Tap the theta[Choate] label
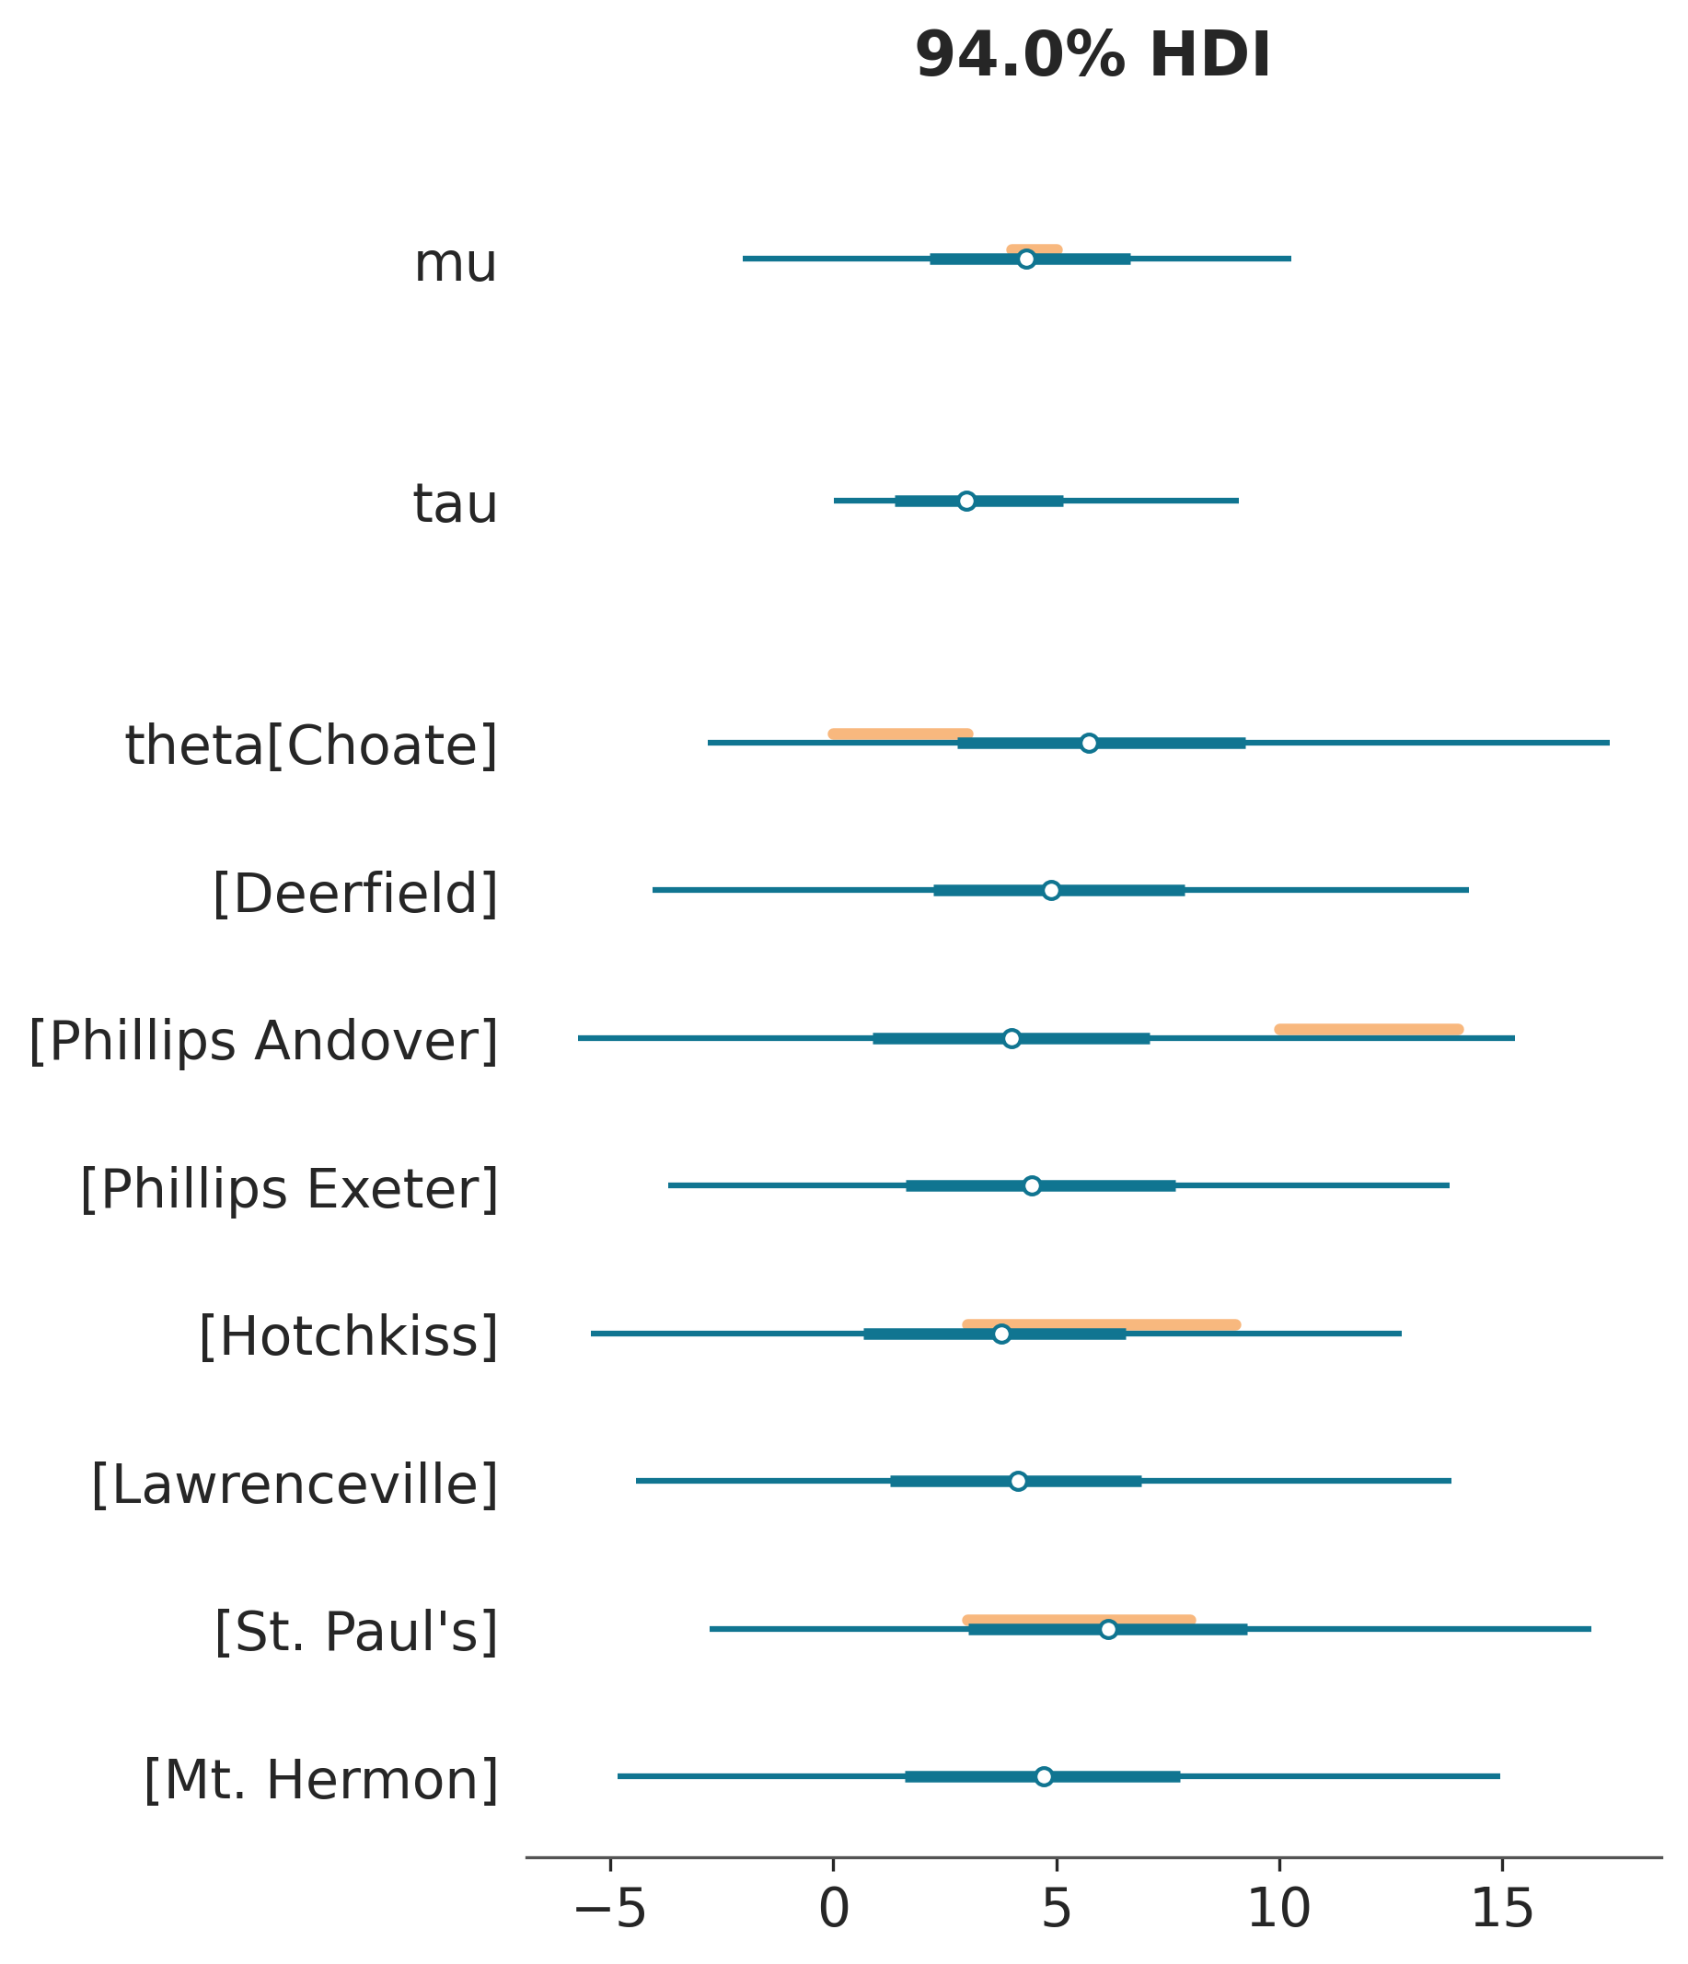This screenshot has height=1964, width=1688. pyautogui.click(x=311, y=746)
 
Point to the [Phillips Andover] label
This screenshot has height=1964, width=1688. pyautogui.click(x=263, y=1042)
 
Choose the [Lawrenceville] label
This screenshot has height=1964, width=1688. pyautogui.click(x=295, y=1485)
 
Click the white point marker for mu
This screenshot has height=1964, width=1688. pyautogui.click(x=1025, y=260)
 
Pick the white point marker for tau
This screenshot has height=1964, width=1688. pyautogui.click(x=965, y=502)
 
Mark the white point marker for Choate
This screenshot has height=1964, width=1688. pyautogui.click(x=1089, y=743)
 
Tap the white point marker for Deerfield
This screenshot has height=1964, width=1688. pyautogui.click(x=1051, y=890)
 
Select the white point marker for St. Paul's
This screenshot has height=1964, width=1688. pyautogui.click(x=1108, y=1629)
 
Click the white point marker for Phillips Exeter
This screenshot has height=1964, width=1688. pyautogui.click(x=1032, y=1185)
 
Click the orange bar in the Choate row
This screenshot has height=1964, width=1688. pyautogui.click(x=900, y=734)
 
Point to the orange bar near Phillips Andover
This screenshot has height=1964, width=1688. pyautogui.click(x=1369, y=1029)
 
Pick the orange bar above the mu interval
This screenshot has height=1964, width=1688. pyautogui.click(x=1034, y=249)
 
